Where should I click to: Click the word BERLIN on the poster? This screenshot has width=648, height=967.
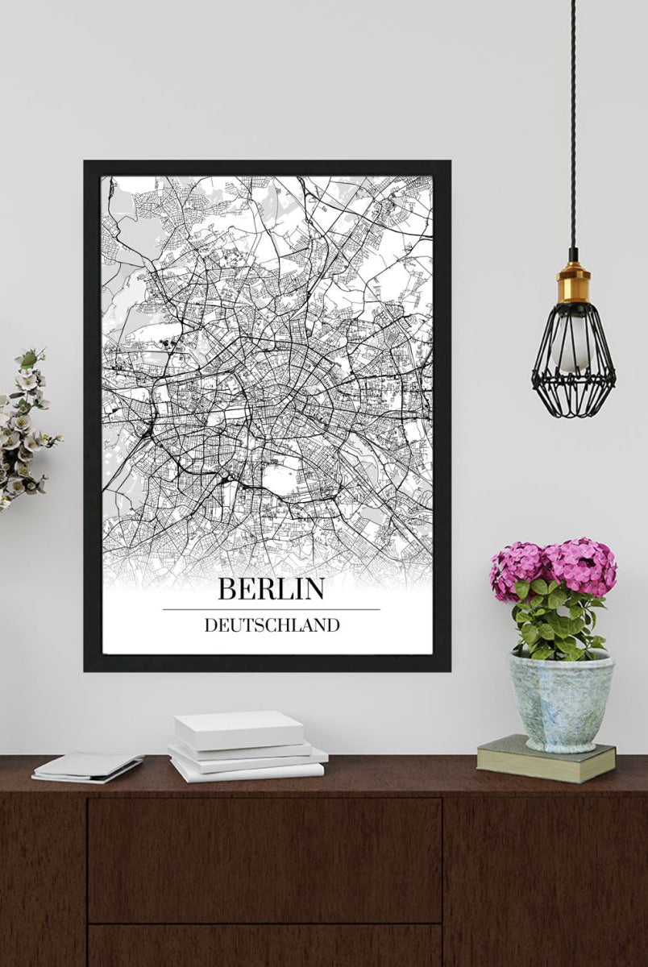click(x=271, y=589)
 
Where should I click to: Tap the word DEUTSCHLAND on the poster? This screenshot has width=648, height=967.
click(x=272, y=625)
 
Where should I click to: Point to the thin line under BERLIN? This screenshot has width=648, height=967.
click(x=271, y=609)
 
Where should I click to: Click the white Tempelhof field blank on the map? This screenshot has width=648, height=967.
click(x=276, y=480)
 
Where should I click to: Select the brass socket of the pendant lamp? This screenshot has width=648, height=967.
click(x=573, y=282)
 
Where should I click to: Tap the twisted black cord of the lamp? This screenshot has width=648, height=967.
click(x=573, y=121)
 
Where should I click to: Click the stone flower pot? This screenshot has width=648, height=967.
click(x=560, y=701)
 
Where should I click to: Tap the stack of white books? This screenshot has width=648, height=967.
click(x=246, y=746)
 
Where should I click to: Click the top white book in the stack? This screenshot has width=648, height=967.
click(x=239, y=728)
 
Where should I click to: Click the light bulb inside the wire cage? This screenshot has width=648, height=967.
click(x=573, y=347)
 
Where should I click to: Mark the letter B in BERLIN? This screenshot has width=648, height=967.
click(x=227, y=589)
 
